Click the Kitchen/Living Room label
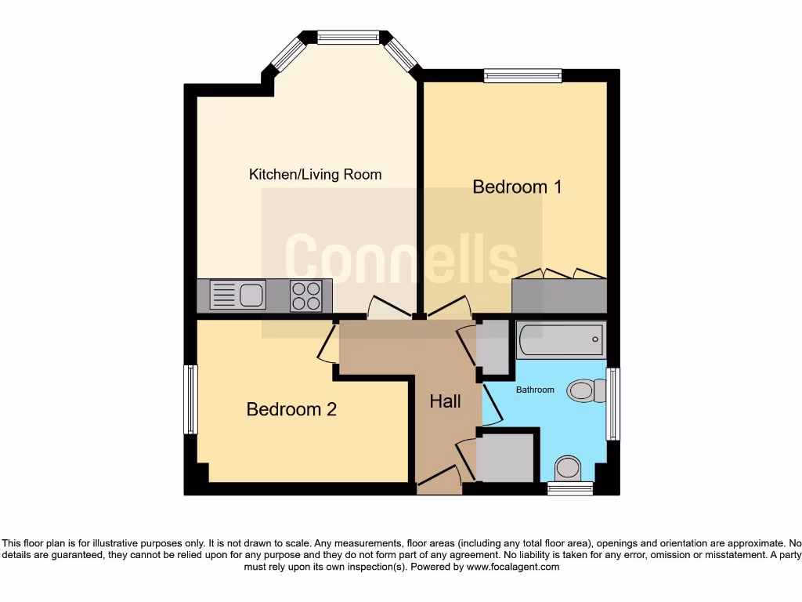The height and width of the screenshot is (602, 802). pos(315,174)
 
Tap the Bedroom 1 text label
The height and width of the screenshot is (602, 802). pos(517,187)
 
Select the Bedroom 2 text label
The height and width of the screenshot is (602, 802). pos(291,409)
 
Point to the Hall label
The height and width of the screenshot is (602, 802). pos(445,401)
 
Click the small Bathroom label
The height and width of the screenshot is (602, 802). pos(534,390)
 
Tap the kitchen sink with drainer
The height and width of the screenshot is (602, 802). pos(238,296)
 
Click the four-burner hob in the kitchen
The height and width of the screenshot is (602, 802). pos(305,296)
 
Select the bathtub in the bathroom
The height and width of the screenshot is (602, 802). pos(561,339)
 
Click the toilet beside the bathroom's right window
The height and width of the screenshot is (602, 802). pos(583,390)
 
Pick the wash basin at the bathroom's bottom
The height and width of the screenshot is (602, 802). pos(567,468)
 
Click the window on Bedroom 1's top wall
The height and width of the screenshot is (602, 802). pos(522,75)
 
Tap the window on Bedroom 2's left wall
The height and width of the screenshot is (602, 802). pos(190,399)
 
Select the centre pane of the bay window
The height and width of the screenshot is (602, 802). pos(349,36)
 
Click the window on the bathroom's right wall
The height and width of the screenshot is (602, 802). pos(613,404)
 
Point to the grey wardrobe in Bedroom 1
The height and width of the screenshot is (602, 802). pos(559,296)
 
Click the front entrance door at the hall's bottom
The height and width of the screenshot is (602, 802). pos(439,480)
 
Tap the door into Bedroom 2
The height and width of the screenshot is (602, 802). pos(327,345)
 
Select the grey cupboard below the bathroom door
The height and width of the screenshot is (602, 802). pos(505,458)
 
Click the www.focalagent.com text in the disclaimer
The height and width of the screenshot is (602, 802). pos(512,567)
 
